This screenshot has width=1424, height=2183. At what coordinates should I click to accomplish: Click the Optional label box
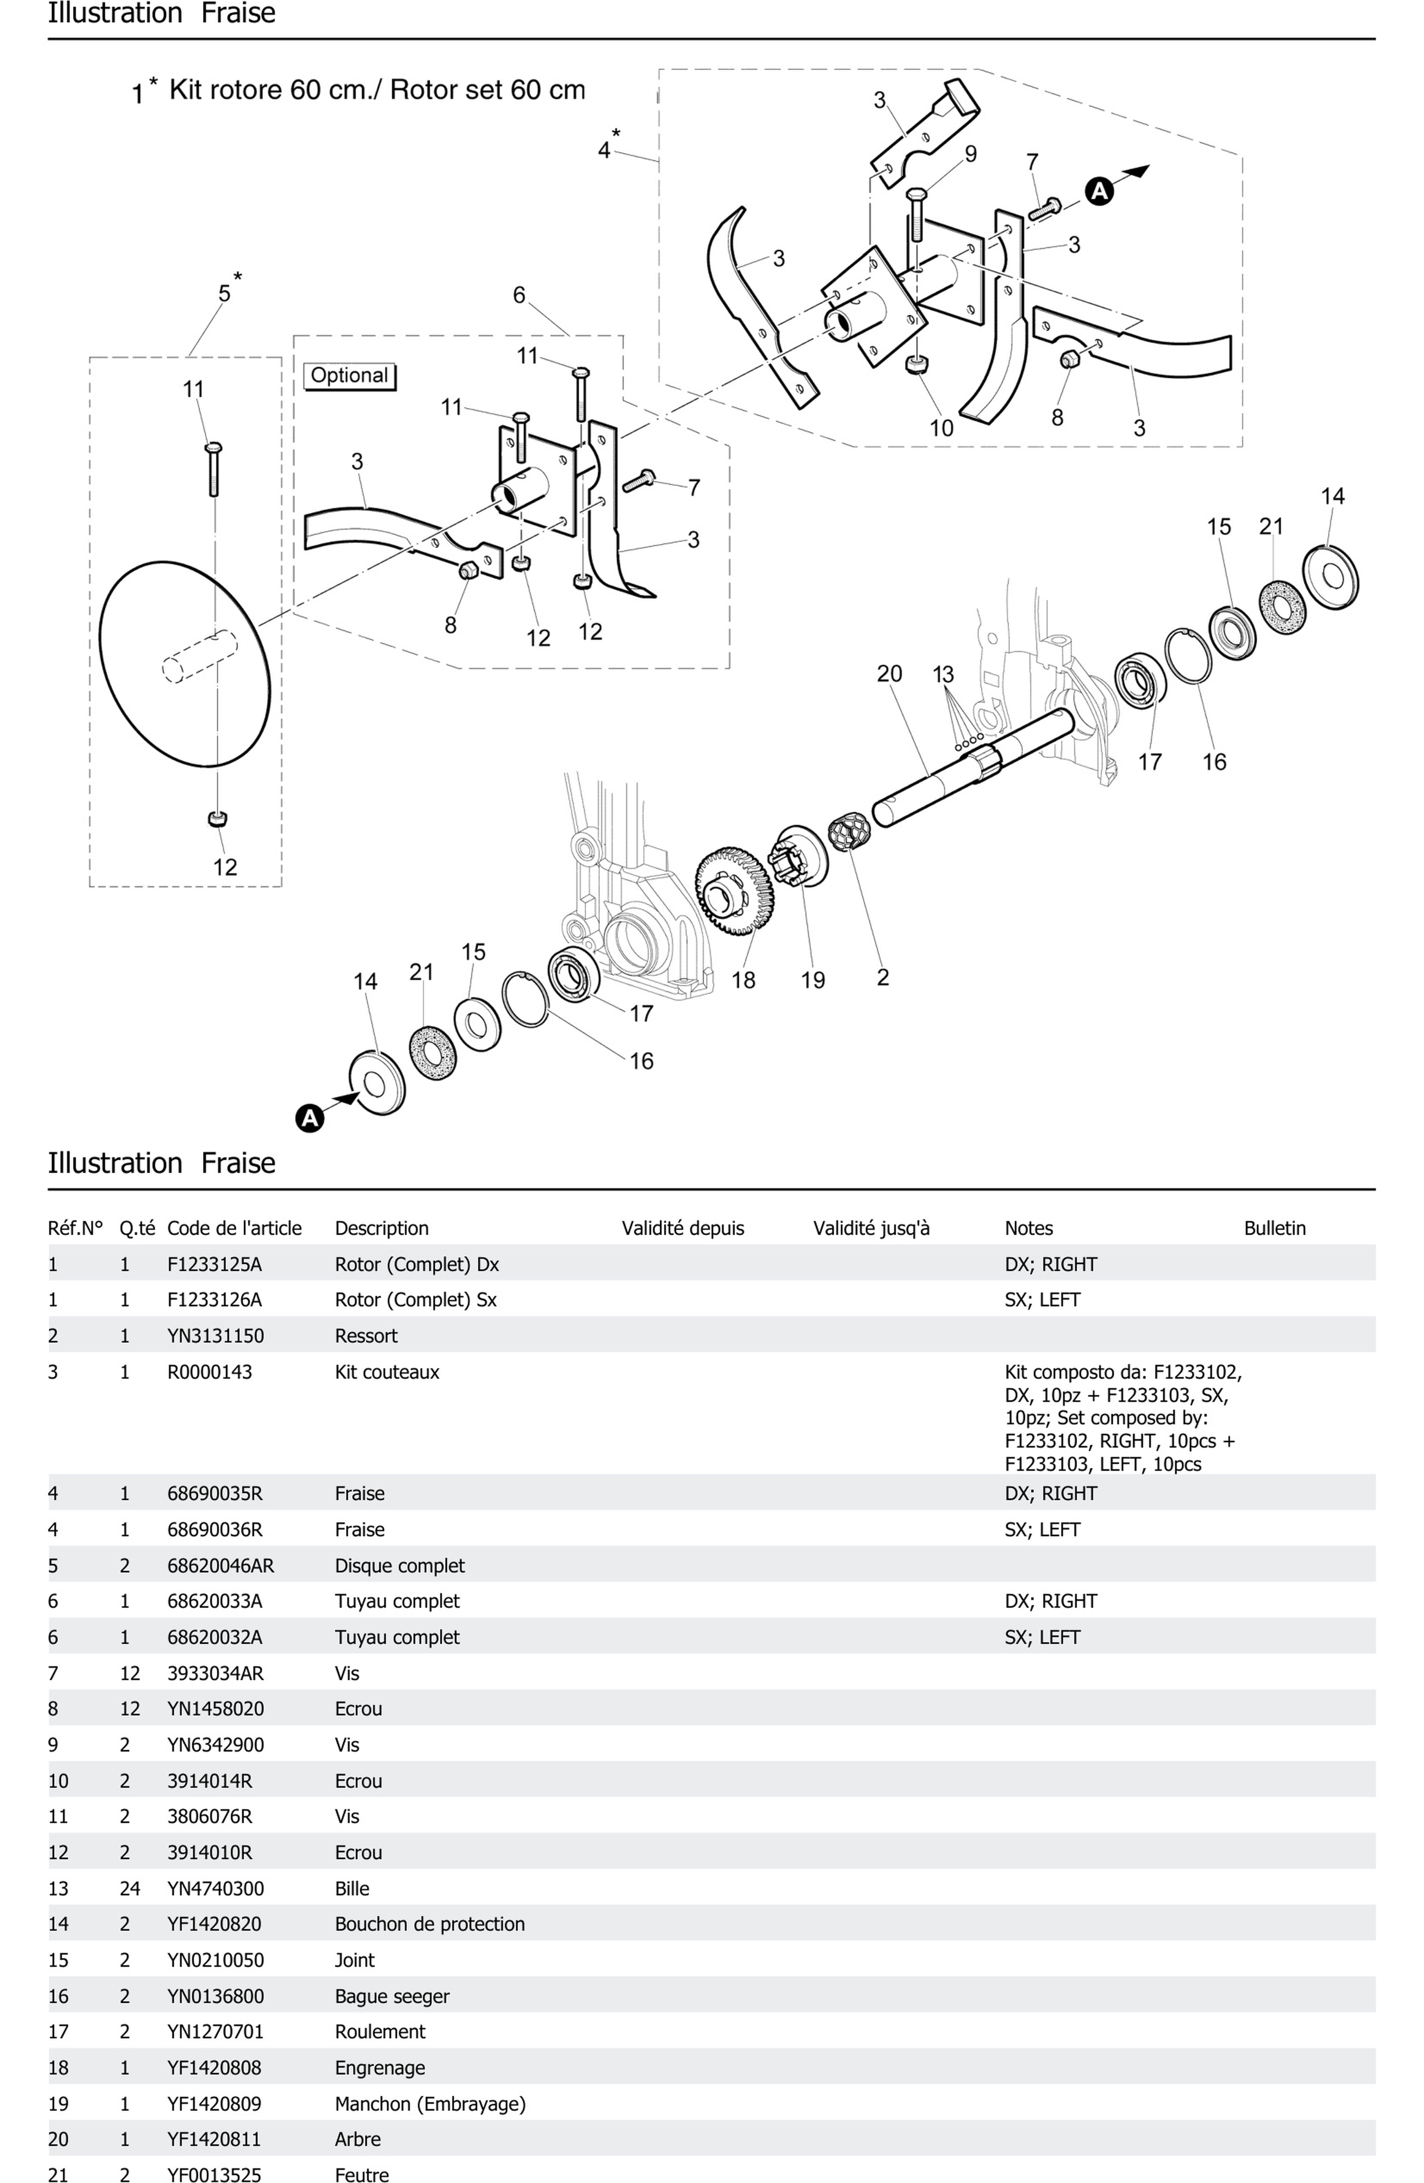[348, 375]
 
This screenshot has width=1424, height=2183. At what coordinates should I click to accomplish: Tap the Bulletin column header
[1274, 1228]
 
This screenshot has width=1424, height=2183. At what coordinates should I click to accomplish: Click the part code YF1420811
[214, 2139]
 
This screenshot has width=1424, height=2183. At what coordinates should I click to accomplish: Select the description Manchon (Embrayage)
[429, 2103]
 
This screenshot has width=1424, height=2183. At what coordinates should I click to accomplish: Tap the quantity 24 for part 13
[129, 1888]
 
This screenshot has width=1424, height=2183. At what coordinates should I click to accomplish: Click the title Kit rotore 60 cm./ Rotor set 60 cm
[376, 90]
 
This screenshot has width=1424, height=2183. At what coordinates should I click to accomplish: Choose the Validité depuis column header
[683, 1228]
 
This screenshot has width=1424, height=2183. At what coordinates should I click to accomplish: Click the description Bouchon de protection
[429, 1924]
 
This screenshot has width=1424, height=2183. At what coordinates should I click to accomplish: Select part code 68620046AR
[220, 1566]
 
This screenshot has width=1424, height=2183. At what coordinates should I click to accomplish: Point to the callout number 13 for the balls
[943, 674]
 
